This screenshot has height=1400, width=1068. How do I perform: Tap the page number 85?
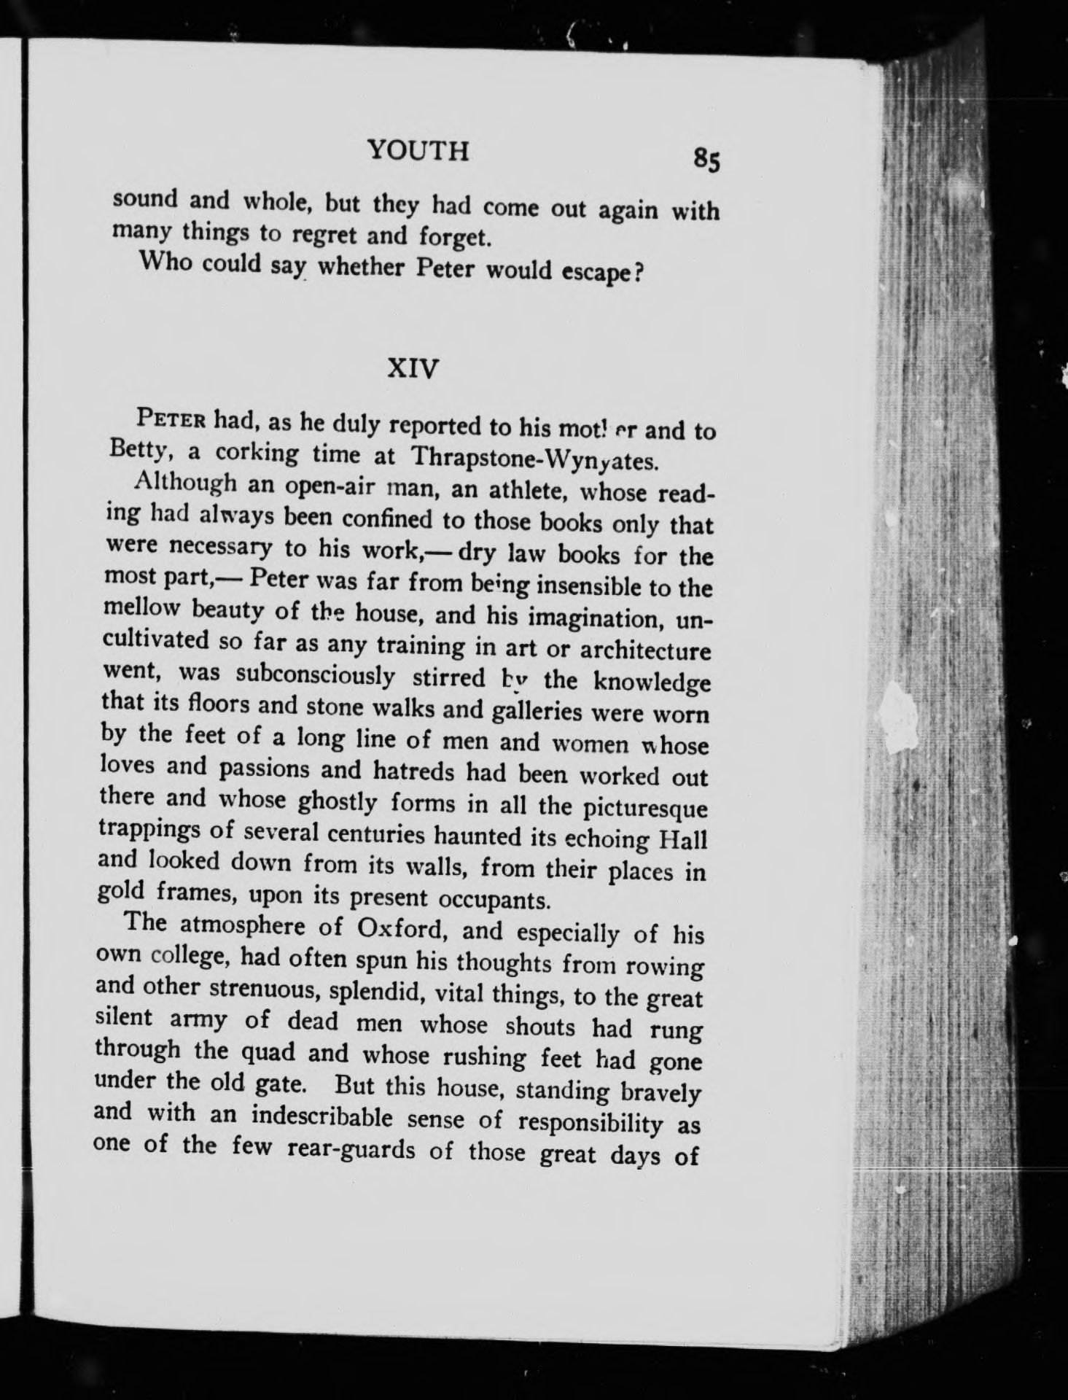706,158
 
